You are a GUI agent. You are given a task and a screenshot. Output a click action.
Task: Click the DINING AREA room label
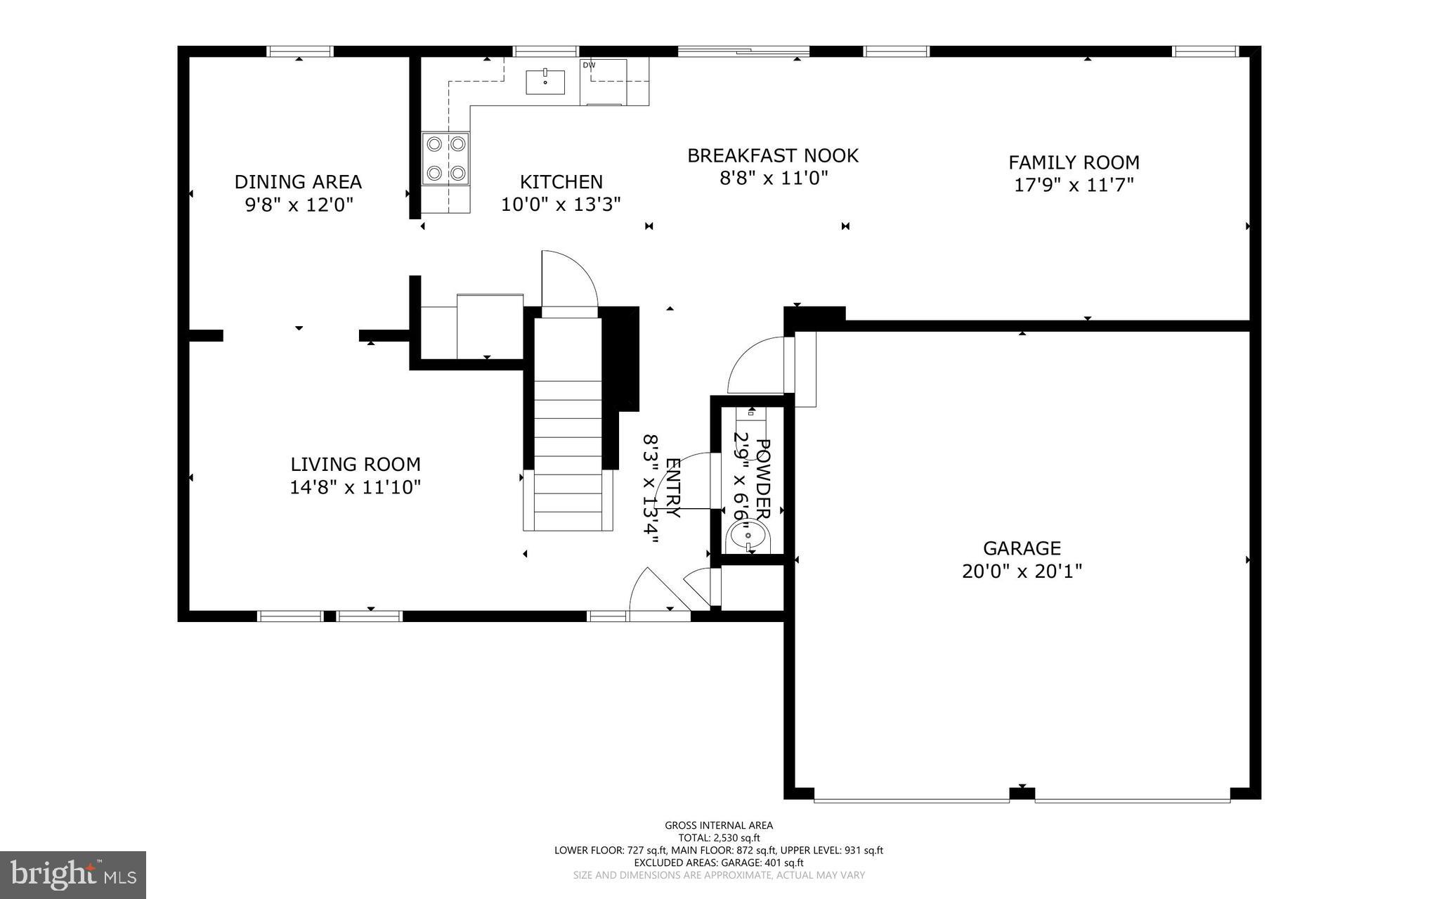298,182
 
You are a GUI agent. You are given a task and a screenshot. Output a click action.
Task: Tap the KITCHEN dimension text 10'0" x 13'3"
561,205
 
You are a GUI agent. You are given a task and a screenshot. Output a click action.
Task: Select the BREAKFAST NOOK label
772,155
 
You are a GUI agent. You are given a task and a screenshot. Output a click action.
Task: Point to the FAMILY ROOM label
1074,162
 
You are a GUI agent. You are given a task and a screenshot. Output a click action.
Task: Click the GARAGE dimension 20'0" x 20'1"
1022,571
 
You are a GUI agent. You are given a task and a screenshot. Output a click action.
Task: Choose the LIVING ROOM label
356,464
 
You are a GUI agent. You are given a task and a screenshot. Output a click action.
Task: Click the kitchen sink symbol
545,82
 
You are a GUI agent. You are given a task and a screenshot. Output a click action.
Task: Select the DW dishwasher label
589,65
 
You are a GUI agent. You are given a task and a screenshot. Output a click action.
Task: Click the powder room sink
749,537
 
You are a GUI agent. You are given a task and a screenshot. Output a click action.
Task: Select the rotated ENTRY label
672,488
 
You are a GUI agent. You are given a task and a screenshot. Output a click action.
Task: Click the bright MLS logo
73,874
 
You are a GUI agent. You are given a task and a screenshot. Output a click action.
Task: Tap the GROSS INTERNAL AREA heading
719,825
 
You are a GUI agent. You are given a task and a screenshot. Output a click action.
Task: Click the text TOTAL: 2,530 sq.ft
719,838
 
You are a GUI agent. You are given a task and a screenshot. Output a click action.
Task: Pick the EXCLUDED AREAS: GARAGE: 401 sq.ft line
719,862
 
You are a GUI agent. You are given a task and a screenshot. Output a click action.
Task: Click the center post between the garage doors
1022,794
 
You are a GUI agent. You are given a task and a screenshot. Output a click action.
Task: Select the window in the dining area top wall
300,51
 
